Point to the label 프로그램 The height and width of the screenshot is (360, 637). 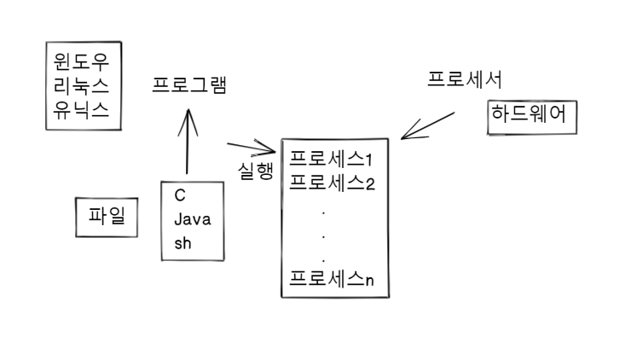(188, 86)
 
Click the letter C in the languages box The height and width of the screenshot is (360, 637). (180, 195)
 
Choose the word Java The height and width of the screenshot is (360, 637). (193, 219)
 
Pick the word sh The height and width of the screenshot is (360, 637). (183, 243)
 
